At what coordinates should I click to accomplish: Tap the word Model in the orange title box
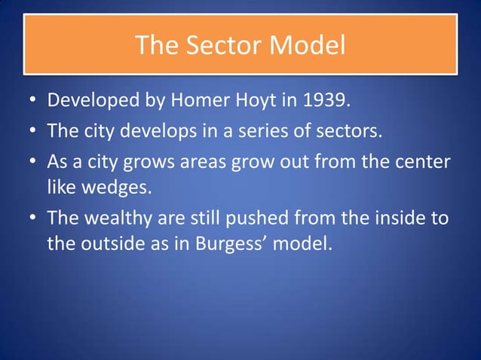309,46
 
